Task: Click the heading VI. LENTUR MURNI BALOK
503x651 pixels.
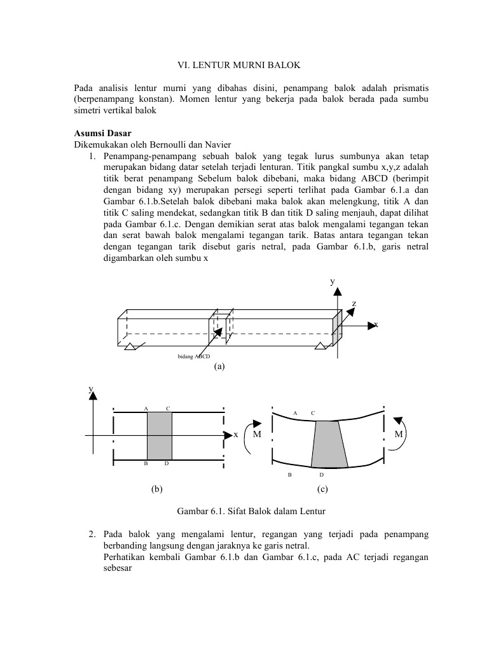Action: pyautogui.click(x=238, y=66)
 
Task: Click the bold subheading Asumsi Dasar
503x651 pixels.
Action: pyautogui.click(x=102, y=134)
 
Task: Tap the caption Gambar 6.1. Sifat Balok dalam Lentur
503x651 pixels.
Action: pyautogui.click(x=251, y=511)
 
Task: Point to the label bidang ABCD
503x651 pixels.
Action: pyautogui.click(x=193, y=356)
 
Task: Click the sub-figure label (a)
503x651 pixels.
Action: pyautogui.click(x=219, y=367)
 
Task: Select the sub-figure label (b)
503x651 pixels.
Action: pyautogui.click(x=156, y=489)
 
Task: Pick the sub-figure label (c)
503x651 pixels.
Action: pyautogui.click(x=322, y=489)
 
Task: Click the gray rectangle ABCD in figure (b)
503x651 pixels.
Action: pyautogui.click(x=160, y=436)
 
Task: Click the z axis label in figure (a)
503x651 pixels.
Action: pyautogui.click(x=354, y=304)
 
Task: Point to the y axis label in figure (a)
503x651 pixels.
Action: pyautogui.click(x=331, y=281)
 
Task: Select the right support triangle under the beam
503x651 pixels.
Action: pyautogui.click(x=320, y=346)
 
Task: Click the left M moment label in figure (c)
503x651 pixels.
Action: pyautogui.click(x=257, y=435)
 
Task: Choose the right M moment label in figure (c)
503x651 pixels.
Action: pyautogui.click(x=399, y=435)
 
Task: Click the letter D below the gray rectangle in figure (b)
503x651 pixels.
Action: pyautogui.click(x=167, y=463)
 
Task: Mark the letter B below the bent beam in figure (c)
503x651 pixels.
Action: pyautogui.click(x=290, y=475)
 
